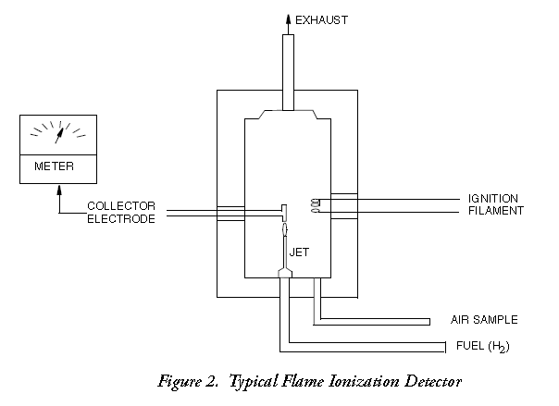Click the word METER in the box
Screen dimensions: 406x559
pos(54,167)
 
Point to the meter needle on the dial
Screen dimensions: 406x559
pos(60,134)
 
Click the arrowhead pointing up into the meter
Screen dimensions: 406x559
pos(60,190)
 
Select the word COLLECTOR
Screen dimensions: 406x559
pos(121,205)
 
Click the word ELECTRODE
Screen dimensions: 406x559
pos(121,218)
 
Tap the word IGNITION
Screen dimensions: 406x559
pos(493,199)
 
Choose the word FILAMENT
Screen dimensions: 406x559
pos(494,211)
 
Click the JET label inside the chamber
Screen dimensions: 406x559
pos(299,251)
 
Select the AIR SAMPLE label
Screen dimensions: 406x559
pos(484,320)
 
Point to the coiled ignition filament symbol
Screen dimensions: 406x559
pos(315,206)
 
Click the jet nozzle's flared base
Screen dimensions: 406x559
pos(285,272)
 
